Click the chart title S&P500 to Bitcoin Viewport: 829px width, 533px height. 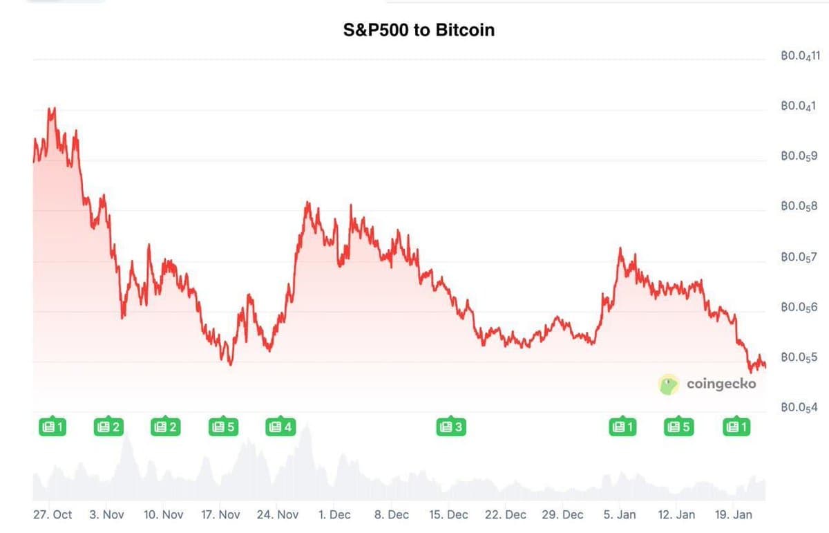pos(419,30)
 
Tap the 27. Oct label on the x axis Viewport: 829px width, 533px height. pos(53,515)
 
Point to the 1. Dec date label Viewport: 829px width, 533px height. pos(334,515)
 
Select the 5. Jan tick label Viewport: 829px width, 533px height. pos(620,515)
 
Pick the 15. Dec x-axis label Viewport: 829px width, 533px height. pos(448,515)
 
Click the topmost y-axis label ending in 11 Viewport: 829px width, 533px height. pos(799,57)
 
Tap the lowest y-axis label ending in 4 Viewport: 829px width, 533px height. pos(799,408)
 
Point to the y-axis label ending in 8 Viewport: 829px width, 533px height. pos(799,207)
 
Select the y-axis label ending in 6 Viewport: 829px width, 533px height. pos(799,307)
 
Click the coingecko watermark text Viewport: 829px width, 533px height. pos(721,384)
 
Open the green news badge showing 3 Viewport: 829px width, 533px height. pos(450,427)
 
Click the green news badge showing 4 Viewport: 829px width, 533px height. pos(280,427)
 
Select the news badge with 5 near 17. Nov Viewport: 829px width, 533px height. pos(223,427)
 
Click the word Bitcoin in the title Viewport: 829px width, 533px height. pos(465,30)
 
